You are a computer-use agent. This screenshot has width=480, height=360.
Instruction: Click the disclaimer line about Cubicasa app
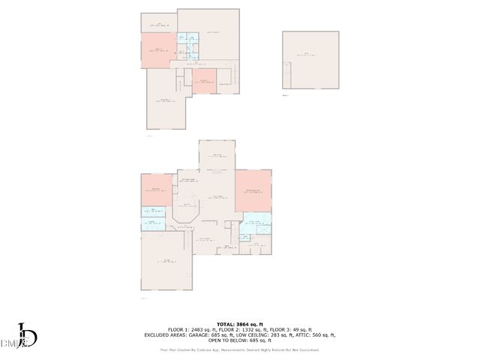pyautogui.click(x=240, y=349)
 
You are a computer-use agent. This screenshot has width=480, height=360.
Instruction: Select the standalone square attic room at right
pyautogui.click(x=310, y=60)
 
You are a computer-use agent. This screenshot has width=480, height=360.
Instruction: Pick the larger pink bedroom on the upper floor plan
pyautogui.click(x=159, y=49)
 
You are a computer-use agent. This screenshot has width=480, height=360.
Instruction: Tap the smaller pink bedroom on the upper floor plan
pyautogui.click(x=204, y=81)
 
